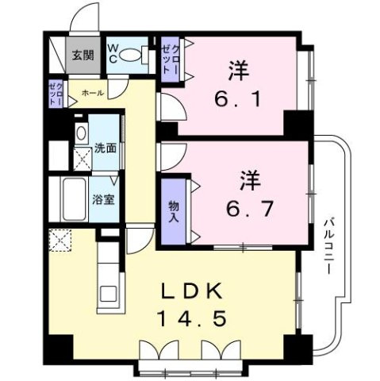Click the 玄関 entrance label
pos(82,56)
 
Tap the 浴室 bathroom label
pos(103,199)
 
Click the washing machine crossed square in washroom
pos(83,159)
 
